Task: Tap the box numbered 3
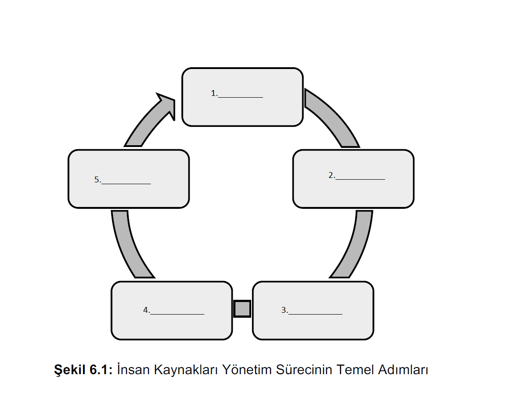[x=313, y=325]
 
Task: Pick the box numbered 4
[x=171, y=325]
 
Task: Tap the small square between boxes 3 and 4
[x=242, y=309]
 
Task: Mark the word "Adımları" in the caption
[x=404, y=370]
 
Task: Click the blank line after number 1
[x=240, y=96]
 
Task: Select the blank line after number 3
[x=315, y=313]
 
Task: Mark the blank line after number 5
[x=126, y=182]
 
